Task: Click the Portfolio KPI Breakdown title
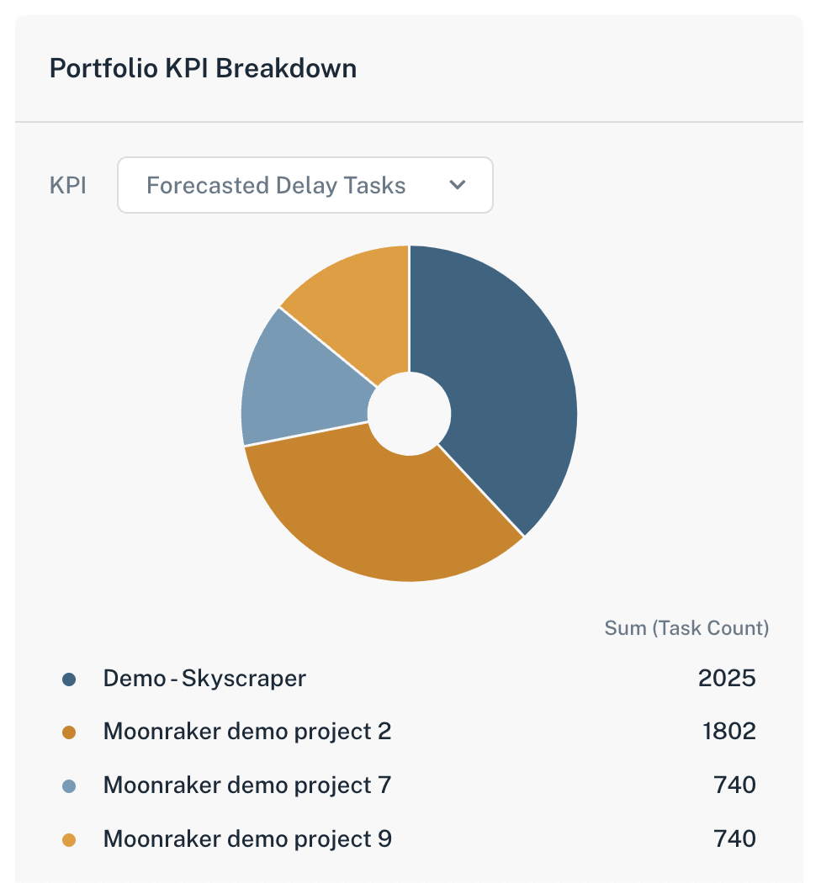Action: [x=203, y=68]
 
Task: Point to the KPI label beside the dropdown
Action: [x=68, y=185]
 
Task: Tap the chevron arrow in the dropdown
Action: [x=458, y=185]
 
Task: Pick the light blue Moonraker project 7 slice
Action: [x=294, y=387]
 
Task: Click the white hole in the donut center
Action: [x=410, y=414]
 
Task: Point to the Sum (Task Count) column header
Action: [x=686, y=628]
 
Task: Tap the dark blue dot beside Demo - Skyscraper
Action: [x=69, y=679]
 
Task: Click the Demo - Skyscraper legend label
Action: [x=204, y=678]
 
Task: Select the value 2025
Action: [x=727, y=678]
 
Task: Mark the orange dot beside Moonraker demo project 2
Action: [x=69, y=732]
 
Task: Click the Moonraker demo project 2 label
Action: [x=247, y=732]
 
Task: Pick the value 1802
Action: [x=728, y=732]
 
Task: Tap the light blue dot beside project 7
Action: [x=69, y=786]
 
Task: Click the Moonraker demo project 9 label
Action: [x=247, y=839]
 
